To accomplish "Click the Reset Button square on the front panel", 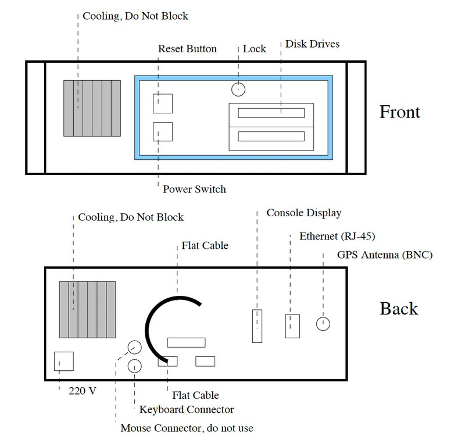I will tap(162, 103).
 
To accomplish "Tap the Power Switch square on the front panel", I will tap(162, 132).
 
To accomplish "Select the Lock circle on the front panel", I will tap(238, 89).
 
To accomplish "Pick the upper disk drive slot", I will tap(271, 112).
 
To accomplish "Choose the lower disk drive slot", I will tap(271, 138).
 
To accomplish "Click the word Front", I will tap(399, 112).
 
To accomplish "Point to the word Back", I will tap(399, 308).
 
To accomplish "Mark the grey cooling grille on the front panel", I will tap(92, 108).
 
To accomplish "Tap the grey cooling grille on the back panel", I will tap(87, 309).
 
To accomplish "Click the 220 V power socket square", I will tap(63, 361).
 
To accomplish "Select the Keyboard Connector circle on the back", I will tap(134, 366).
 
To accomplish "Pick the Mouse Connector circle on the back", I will tap(134, 348).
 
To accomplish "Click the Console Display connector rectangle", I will tap(257, 327).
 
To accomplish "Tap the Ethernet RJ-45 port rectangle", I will tap(292, 326).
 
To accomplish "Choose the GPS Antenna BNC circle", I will tap(323, 324).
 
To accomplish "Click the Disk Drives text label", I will tap(312, 44).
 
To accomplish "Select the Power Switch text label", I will tap(194, 189).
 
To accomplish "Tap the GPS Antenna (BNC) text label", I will tap(385, 255).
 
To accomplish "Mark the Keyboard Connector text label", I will tap(187, 410).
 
